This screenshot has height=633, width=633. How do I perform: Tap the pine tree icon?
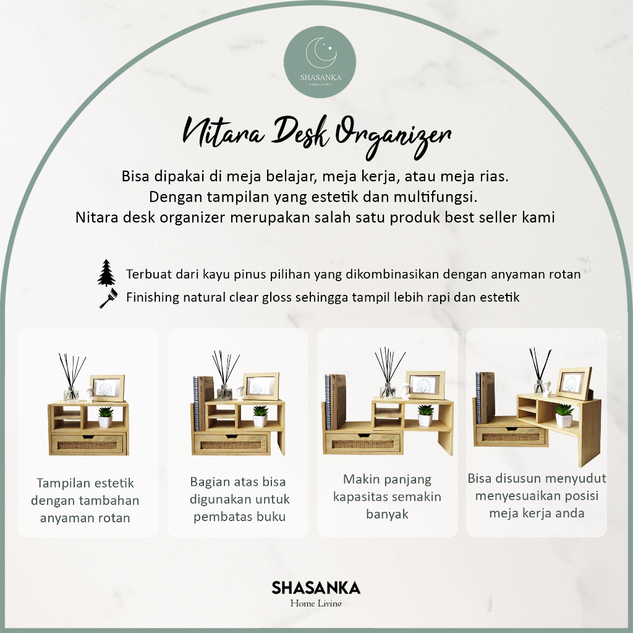point(106,273)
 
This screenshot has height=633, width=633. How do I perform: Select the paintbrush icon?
point(109,299)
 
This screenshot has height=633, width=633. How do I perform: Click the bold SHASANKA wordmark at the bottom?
point(316,588)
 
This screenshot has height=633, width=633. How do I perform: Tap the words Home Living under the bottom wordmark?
point(316,603)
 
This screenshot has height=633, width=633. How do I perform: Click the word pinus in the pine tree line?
point(250,274)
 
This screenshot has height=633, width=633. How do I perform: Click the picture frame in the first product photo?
point(107,388)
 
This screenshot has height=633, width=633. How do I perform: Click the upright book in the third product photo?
point(336,401)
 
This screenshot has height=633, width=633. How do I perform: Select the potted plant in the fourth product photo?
point(564,415)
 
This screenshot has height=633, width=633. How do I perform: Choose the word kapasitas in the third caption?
point(362,497)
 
